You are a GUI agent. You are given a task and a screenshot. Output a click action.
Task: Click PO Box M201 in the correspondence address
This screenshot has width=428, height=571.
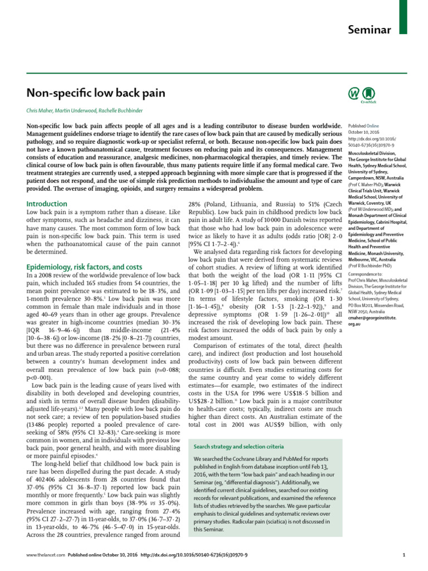click(x=363, y=345)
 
